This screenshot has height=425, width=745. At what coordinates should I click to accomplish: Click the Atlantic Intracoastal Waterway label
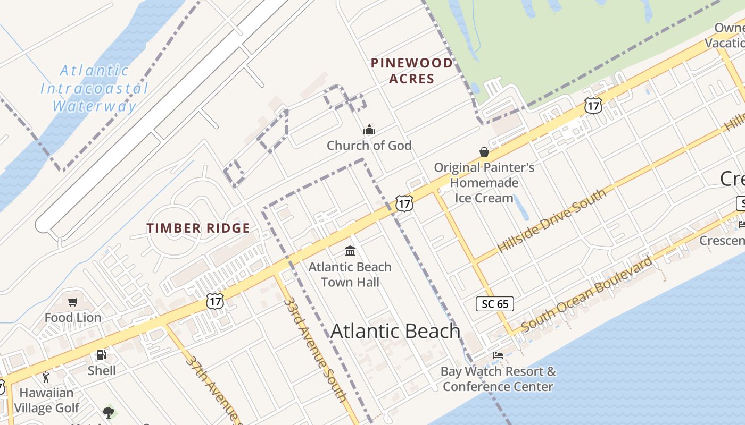point(94,88)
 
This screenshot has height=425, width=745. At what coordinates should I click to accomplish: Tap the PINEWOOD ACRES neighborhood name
point(412,71)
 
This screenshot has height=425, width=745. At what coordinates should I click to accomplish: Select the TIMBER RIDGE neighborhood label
point(198,228)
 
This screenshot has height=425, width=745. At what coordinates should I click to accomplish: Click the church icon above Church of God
point(369,130)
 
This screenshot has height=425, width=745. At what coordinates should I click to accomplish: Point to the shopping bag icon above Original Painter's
point(484,152)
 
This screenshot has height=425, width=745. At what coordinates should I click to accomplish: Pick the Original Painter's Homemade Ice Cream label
point(484,183)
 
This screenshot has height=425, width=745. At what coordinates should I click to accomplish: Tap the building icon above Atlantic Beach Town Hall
point(350,251)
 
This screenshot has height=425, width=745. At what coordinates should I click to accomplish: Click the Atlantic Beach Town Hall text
point(350,274)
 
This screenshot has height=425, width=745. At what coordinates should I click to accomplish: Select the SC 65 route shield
point(495,304)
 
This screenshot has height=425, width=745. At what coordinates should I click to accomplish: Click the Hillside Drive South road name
point(551,221)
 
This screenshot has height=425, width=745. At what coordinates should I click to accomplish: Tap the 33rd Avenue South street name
point(315,350)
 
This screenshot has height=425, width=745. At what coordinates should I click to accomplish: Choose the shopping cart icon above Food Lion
point(73,302)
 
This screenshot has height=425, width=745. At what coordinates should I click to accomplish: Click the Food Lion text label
point(73,318)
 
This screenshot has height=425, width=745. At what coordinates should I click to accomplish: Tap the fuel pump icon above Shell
point(101,355)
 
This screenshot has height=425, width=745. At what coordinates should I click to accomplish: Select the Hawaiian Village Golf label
point(47,401)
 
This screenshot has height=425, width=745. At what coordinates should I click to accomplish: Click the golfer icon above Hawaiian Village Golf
point(46,378)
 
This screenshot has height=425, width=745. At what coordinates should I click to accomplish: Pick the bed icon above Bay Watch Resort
point(498,355)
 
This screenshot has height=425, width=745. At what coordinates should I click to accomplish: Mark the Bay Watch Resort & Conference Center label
point(498,379)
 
